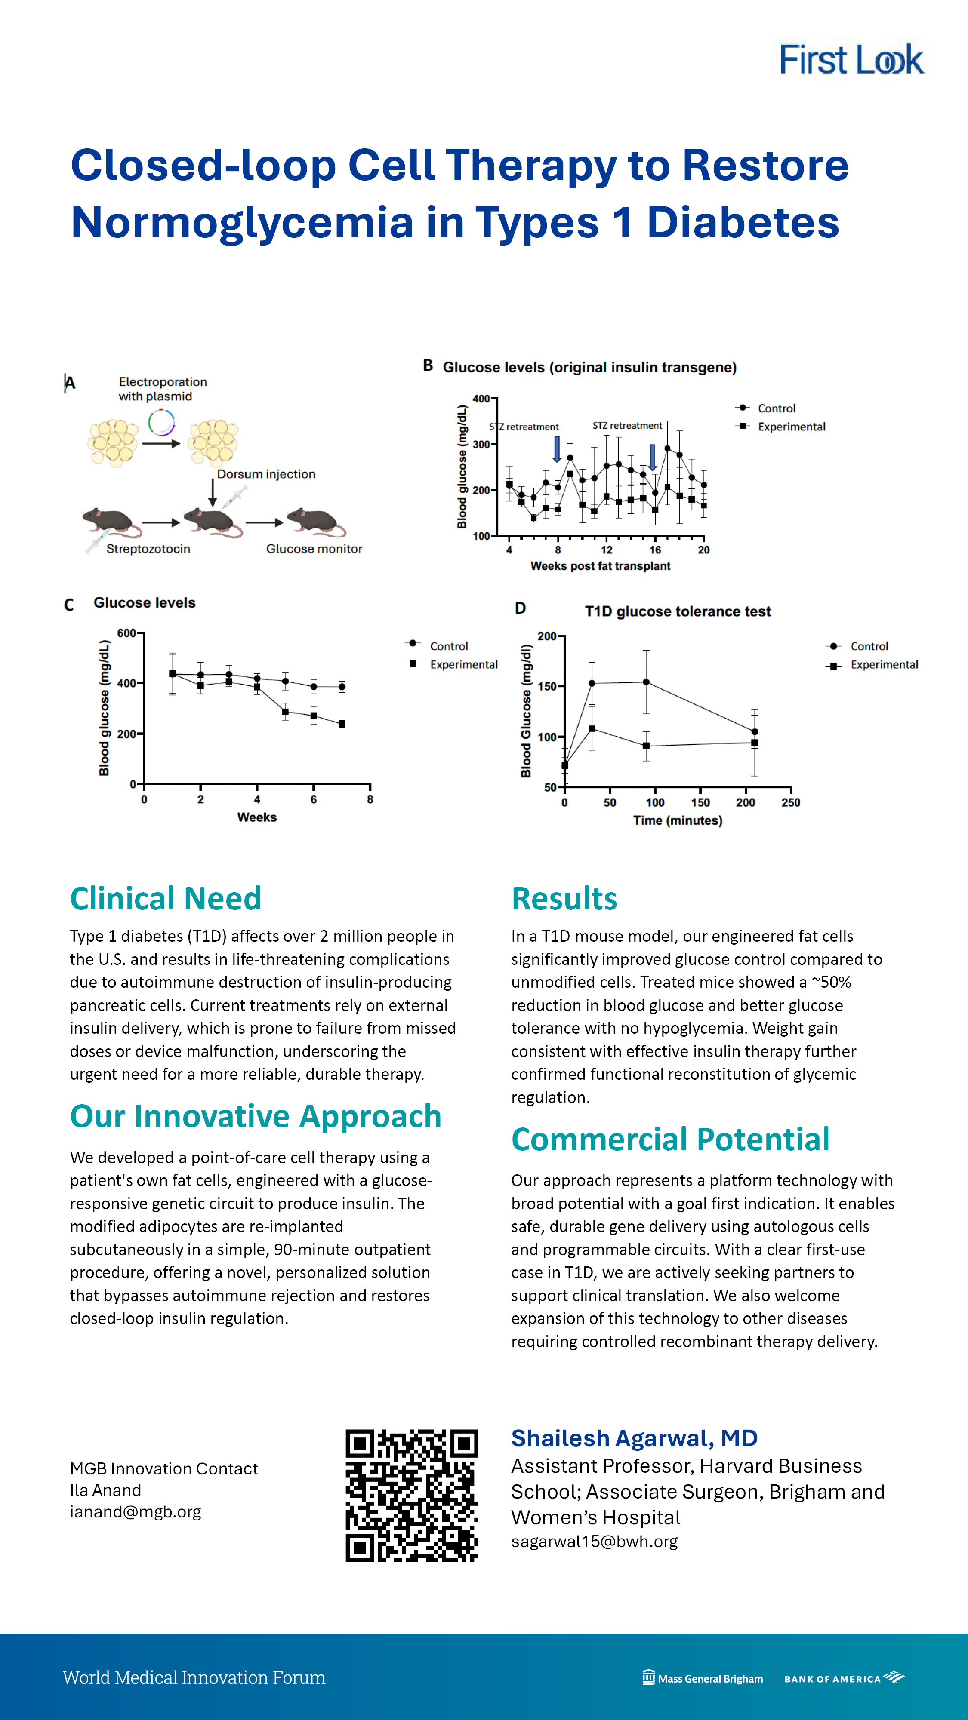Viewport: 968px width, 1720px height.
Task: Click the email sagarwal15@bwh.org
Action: click(594, 1541)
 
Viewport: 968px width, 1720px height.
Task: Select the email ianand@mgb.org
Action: click(135, 1512)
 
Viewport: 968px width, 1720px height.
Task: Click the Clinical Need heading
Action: click(165, 898)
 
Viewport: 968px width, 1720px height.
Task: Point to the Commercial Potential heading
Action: click(670, 1139)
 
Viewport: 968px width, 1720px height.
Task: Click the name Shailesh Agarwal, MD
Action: click(634, 1437)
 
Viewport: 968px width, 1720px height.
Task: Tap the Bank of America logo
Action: click(844, 1678)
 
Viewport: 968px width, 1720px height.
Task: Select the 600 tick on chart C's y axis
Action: click(126, 633)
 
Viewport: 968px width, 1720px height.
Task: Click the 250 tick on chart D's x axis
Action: click(790, 802)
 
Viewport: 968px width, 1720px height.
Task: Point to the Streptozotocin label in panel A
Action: click(148, 549)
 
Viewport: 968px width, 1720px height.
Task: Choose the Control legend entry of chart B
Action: click(776, 408)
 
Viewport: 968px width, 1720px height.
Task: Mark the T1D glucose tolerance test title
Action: click(678, 611)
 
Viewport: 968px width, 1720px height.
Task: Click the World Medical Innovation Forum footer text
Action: click(194, 1678)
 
